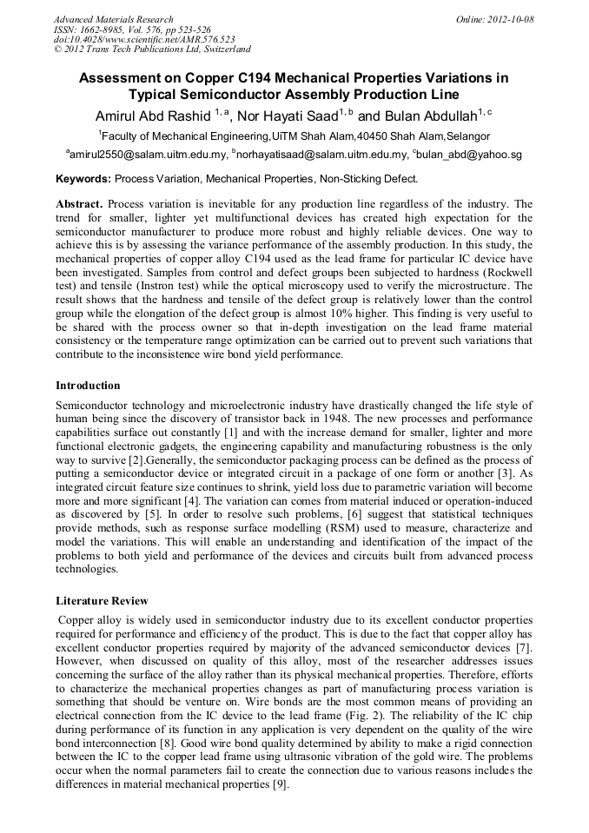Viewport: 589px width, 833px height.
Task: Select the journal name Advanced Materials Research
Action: pyautogui.click(x=113, y=19)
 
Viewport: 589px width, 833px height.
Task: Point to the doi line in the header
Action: pyautogui.click(x=144, y=39)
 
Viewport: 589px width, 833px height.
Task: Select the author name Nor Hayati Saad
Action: pyautogui.click(x=287, y=116)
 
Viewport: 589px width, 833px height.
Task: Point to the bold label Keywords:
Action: pyautogui.click(x=83, y=179)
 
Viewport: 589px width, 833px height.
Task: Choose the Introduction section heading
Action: pyautogui.click(x=88, y=385)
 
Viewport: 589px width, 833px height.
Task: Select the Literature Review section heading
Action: pyautogui.click(x=102, y=601)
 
